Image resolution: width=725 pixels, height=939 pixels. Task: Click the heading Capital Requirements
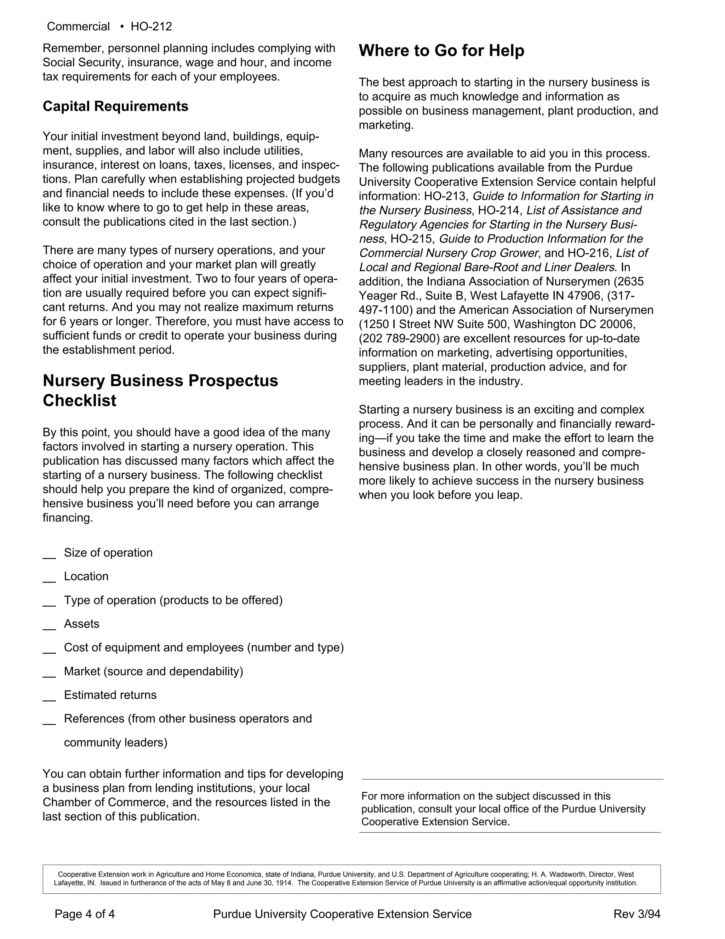[x=115, y=106]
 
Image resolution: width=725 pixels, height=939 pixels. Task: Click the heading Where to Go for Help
[x=441, y=51]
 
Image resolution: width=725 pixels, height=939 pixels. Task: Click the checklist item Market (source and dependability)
[x=153, y=671]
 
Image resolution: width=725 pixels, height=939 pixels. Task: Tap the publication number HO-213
[x=445, y=196]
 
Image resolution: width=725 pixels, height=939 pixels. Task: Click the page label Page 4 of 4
[x=85, y=913]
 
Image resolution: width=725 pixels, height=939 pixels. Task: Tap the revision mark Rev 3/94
[x=636, y=913]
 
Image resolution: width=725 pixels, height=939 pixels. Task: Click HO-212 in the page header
[x=151, y=27]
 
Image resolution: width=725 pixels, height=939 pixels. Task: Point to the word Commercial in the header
[x=78, y=27]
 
